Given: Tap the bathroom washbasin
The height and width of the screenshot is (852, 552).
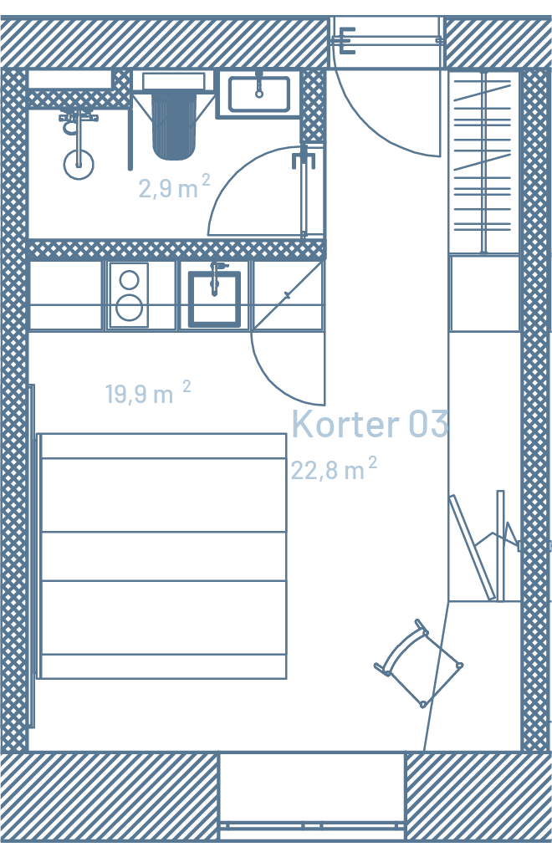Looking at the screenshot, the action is tap(259, 94).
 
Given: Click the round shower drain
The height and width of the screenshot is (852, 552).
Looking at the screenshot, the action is tap(79, 164).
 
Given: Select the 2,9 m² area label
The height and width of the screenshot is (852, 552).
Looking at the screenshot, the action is tap(174, 187).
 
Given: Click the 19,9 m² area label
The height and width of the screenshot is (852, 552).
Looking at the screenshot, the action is tap(148, 392).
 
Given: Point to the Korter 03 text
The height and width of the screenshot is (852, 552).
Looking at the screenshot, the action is tap(370, 424).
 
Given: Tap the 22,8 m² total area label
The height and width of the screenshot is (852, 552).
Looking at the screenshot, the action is tap(334, 468).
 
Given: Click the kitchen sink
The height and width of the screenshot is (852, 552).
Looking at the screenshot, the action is tap(214, 298).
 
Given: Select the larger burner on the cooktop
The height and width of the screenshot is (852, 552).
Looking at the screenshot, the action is tap(130, 308).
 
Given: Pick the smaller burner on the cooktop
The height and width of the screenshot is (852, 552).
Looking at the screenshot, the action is tap(130, 280).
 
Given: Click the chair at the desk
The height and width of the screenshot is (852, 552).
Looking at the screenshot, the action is tap(418, 663).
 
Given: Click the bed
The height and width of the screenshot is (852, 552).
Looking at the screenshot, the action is tap(162, 556).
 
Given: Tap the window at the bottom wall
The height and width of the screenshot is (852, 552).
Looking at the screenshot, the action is tap(313, 796).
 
